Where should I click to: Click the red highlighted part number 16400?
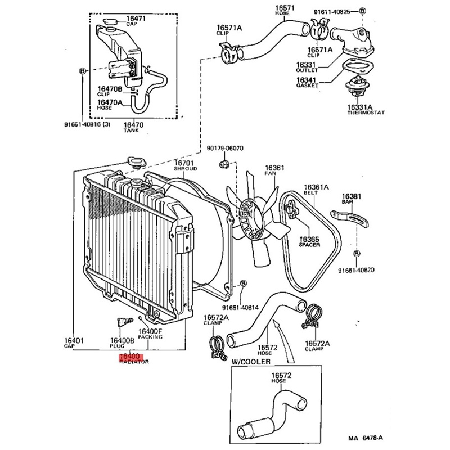tap(130, 357)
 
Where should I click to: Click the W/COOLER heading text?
tap(250, 361)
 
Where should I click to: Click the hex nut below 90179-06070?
tap(223, 164)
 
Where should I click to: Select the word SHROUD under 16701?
tap(185, 168)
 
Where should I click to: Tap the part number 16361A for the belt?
tap(317, 187)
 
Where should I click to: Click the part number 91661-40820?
tap(356, 270)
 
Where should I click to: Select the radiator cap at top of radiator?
tap(135, 163)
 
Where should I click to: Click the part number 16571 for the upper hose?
tap(285, 8)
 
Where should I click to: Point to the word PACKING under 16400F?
tap(150, 337)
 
